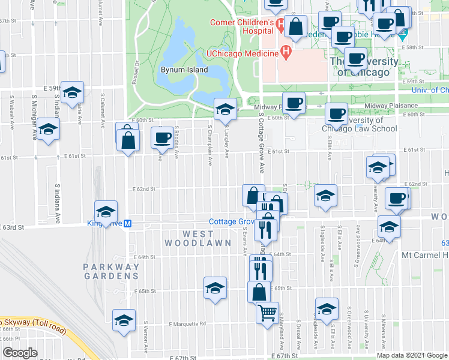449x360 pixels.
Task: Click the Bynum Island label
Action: [184, 70]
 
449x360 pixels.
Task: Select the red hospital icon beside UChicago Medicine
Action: [286, 53]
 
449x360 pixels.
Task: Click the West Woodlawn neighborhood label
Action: [199, 238]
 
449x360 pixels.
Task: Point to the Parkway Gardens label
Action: [111, 271]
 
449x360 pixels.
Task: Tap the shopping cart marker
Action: [267, 312]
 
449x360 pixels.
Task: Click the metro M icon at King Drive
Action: [127, 224]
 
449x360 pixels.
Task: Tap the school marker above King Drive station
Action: [106, 211]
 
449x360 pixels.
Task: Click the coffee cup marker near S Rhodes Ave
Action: [161, 138]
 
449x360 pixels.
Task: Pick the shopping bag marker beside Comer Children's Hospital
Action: [295, 26]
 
